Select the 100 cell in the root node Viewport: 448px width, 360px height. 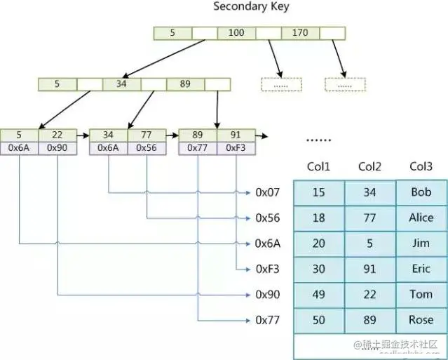pos(236,32)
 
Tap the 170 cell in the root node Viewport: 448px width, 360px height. pos(300,32)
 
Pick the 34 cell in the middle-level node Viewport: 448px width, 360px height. pos(121,84)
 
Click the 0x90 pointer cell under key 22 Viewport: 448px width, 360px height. pos(57,148)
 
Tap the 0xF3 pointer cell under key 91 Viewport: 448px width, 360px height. pos(236,148)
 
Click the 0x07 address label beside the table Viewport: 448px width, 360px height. pos(268,192)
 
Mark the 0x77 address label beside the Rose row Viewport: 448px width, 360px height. pos(268,320)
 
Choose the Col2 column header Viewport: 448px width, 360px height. pos(369,167)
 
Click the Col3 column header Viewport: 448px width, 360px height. pos(421,167)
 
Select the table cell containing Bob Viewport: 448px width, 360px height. pos(421,192)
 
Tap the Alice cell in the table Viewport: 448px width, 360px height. pos(421,218)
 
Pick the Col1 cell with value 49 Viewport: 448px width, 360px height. pos(318,295)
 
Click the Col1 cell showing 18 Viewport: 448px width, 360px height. pos(318,218)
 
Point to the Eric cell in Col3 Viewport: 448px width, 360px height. pos(421,269)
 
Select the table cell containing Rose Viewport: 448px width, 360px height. pos(421,320)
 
